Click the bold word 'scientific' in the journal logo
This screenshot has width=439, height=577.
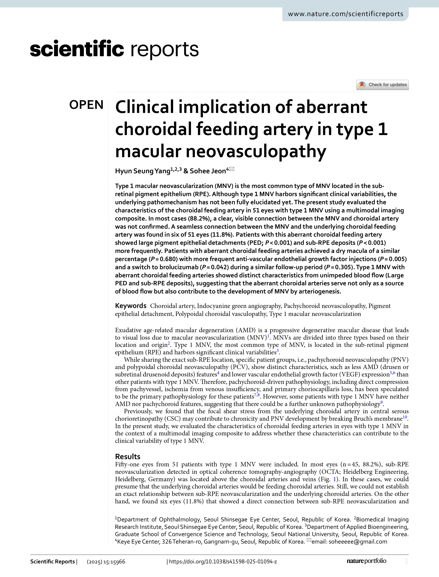[77, 49]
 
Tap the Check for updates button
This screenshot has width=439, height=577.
[383, 85]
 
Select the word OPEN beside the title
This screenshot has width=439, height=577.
[86, 105]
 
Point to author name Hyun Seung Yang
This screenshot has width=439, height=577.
[143, 171]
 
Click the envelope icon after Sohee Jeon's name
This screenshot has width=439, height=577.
[232, 169]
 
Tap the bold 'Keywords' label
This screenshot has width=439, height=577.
[131, 306]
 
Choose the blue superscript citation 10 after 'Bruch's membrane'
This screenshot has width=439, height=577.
[405, 417]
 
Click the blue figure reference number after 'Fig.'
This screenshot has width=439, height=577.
[335, 479]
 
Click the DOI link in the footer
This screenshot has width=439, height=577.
[223, 561]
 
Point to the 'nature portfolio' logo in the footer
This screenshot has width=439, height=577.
[366, 561]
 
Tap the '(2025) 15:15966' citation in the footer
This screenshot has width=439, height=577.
[106, 561]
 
